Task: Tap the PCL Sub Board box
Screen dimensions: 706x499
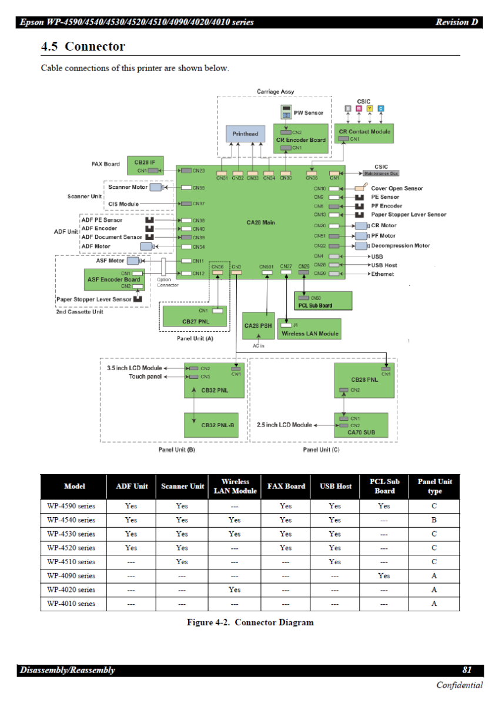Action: pos(323,301)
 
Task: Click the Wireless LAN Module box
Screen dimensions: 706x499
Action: pos(309,329)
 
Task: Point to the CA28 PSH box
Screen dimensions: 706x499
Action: pos(258,325)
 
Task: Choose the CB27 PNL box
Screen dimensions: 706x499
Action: pos(196,318)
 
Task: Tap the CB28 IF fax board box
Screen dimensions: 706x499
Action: pos(145,166)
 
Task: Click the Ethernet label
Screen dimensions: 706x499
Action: pos(382,274)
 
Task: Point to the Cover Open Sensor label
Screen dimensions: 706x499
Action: pos(397,188)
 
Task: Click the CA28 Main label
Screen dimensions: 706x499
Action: pos(261,222)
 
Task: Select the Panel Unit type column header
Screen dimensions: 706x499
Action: pos(434,487)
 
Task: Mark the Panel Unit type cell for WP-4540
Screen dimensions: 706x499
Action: pos(434,520)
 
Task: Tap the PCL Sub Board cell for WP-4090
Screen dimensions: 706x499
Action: pos(384,576)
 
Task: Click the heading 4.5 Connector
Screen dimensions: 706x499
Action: pos(83,46)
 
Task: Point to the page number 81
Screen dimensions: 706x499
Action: pos(467,670)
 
